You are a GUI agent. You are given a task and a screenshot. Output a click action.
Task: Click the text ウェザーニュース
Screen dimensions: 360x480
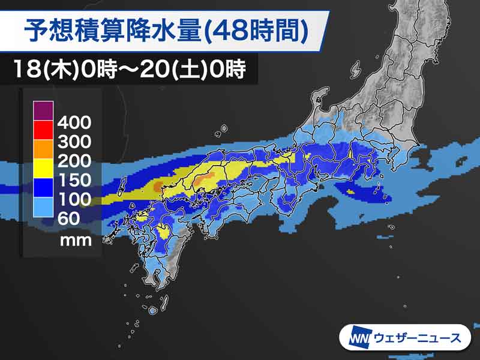418,337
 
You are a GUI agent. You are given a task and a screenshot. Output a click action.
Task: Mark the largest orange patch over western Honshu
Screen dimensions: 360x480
206,178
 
